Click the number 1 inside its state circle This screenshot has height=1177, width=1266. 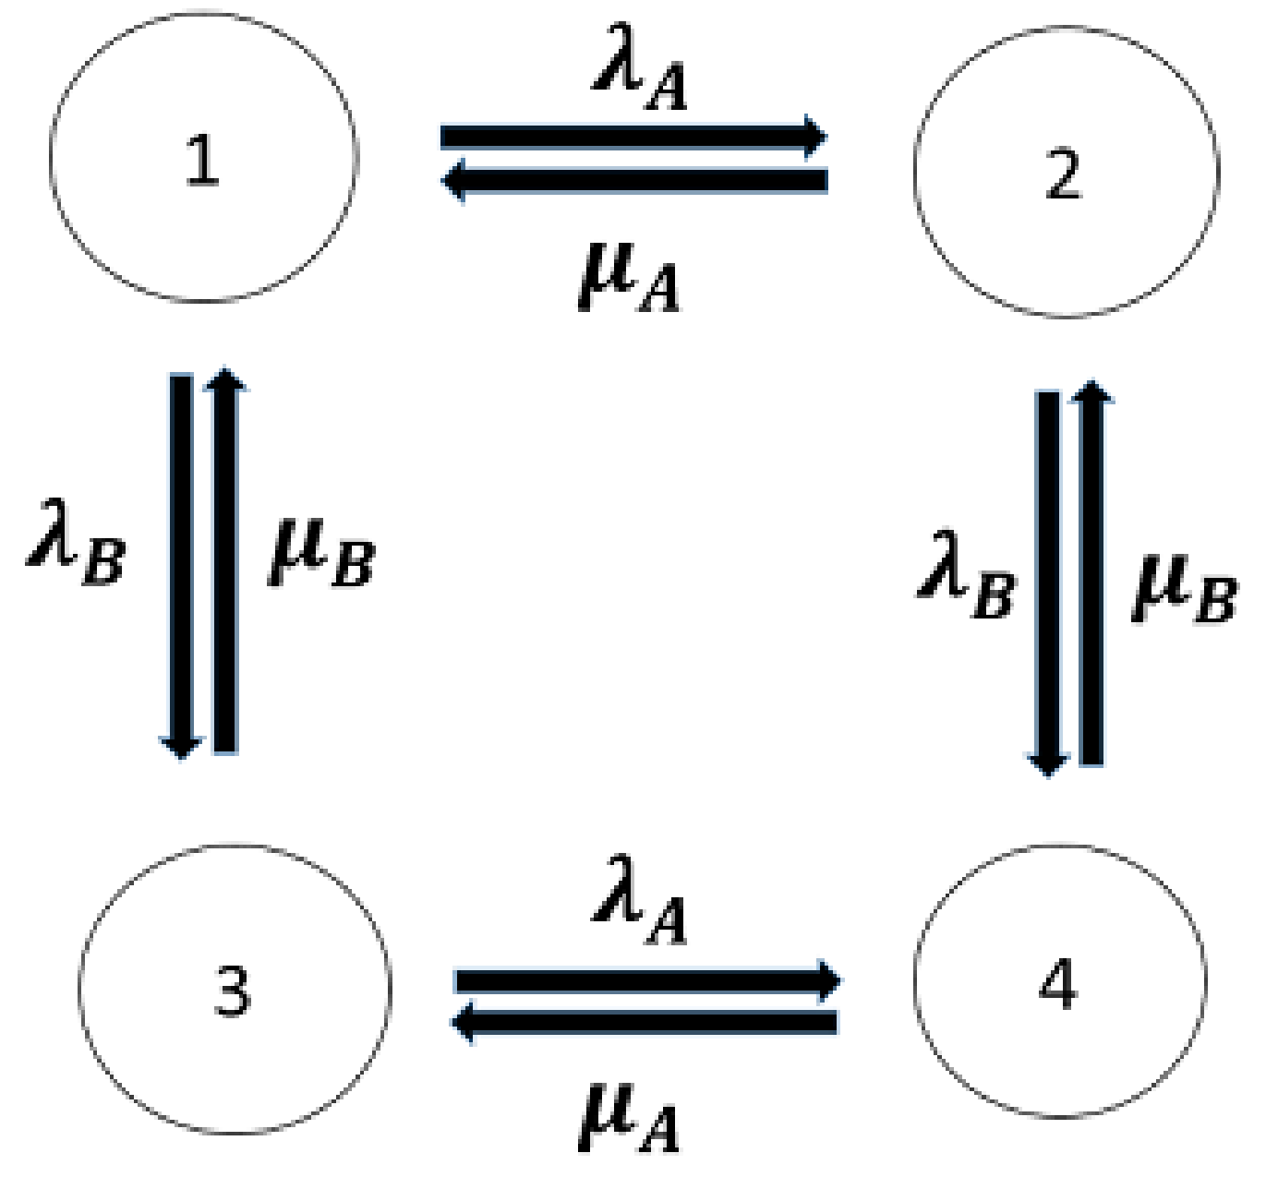pyautogui.click(x=202, y=159)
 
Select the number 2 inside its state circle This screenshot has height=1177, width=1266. pyautogui.click(x=1063, y=174)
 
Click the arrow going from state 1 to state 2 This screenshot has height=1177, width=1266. pyautogui.click(x=633, y=137)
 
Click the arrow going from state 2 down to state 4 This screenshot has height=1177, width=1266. pyautogui.click(x=1048, y=582)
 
